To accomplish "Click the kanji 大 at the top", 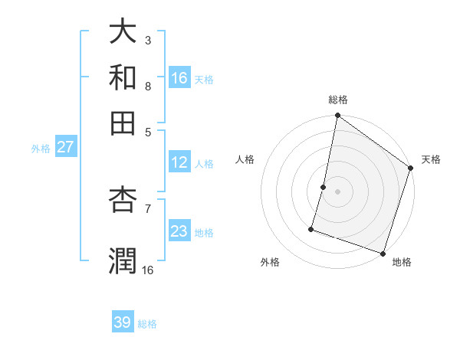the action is coord(123,33).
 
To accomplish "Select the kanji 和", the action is coord(123,77).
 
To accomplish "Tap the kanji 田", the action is coord(123,122).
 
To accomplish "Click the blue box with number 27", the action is coord(65,147).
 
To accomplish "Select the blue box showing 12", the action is coord(179,162).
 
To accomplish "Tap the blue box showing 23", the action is coord(179,231).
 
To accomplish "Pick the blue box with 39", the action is coord(123,322).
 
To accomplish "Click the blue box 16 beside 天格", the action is coord(179,78).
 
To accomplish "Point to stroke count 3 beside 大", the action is coord(147,40).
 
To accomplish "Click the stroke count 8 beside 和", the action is coord(147,86).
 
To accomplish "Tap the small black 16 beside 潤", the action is coord(147,270).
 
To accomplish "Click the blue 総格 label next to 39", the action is coord(147,324).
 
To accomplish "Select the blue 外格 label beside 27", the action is coord(41,149).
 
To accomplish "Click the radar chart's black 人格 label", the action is coord(245,159).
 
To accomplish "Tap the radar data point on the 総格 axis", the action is coord(337,116).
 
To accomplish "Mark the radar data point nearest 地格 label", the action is coord(383,253).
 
